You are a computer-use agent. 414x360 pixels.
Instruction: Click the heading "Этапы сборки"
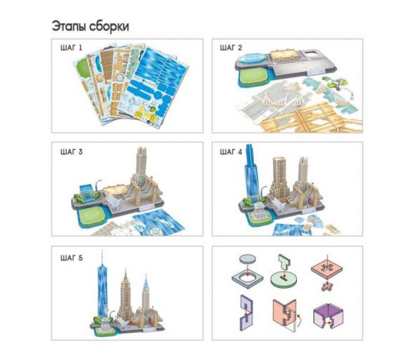(x=90, y=27)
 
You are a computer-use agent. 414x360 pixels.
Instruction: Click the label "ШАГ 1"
(x=72, y=47)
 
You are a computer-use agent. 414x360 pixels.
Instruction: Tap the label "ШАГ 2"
(x=231, y=47)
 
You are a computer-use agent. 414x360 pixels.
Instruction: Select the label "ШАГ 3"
(x=72, y=152)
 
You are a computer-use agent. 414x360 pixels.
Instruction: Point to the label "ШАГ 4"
(x=231, y=152)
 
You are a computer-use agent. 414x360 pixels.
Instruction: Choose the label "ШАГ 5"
(x=72, y=258)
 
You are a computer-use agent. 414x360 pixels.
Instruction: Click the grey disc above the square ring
(x=247, y=259)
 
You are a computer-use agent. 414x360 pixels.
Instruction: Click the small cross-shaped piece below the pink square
(x=326, y=287)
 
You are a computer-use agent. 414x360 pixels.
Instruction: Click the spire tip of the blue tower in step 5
(x=102, y=250)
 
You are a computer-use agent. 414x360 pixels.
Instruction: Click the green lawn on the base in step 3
(x=90, y=214)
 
